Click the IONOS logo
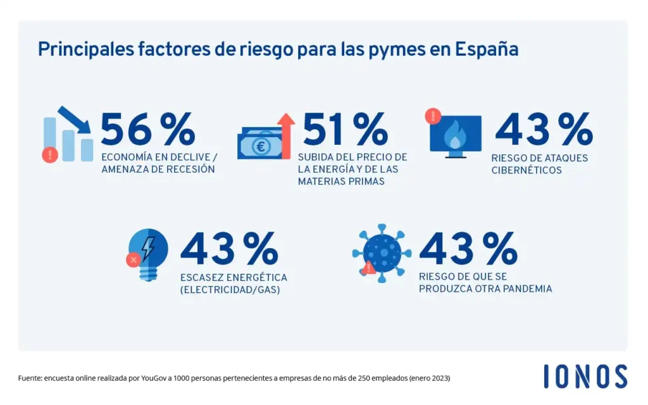pos(585,377)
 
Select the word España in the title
pos(487,49)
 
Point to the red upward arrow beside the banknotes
pos(286,135)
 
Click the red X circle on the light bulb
pos(133,259)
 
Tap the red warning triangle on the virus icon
pos(369,268)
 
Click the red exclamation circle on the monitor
pos(433,115)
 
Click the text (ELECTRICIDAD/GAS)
pos(230,290)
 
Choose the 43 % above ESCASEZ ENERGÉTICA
pos(228,249)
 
